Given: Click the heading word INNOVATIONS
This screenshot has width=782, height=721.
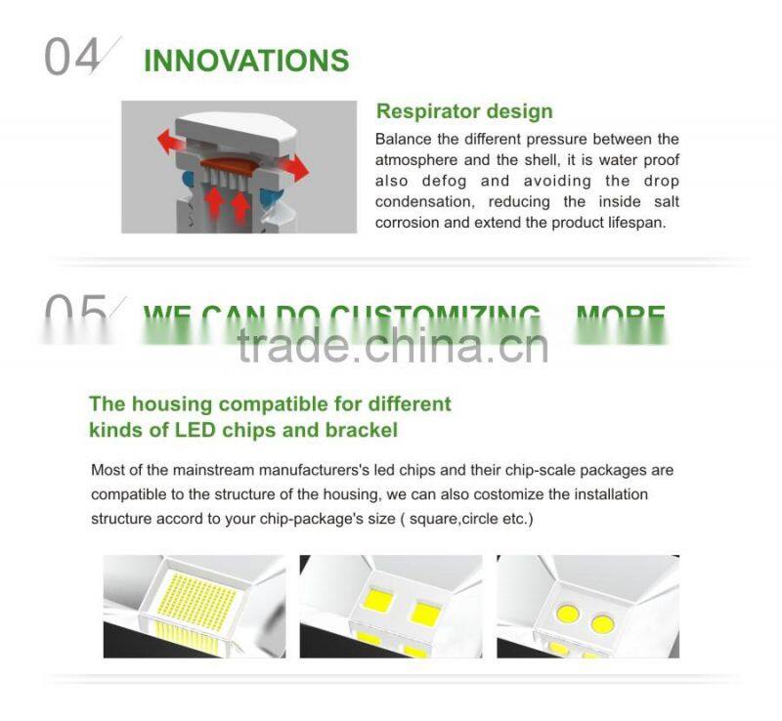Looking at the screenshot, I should pyautogui.click(x=245, y=61).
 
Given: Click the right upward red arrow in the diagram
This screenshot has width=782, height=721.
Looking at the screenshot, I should pyautogui.click(x=241, y=204).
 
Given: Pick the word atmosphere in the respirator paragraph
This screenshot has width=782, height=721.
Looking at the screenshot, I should pyautogui.click(x=421, y=160).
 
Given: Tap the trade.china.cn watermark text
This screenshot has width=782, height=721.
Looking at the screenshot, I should pyautogui.click(x=392, y=345).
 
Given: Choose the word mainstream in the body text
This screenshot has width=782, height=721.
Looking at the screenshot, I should pyautogui.click(x=193, y=470).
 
